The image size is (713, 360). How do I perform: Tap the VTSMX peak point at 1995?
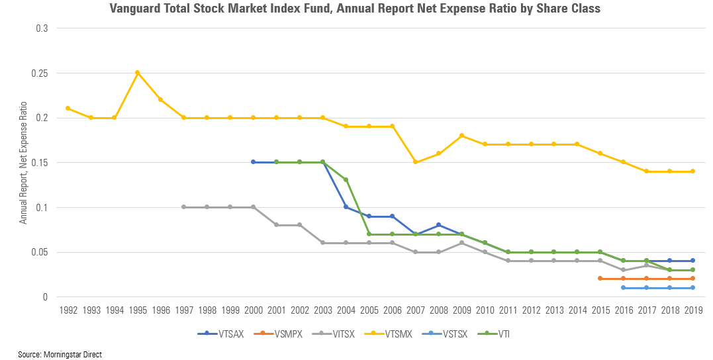coord(137,73)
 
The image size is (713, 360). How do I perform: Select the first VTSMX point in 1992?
coord(68,109)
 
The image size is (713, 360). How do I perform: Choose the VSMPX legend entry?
coord(281,334)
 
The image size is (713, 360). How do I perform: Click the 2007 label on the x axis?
coord(415,309)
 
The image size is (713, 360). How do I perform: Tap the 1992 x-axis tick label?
coord(68,309)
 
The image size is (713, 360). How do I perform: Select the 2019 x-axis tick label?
coord(692,309)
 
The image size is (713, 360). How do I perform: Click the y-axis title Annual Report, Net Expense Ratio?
coord(24,163)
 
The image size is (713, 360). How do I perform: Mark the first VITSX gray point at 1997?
coord(183,207)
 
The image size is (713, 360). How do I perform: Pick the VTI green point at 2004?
coord(346,180)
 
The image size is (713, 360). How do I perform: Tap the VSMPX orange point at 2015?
coord(600,279)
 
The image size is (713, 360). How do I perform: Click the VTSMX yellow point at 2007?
coord(415,162)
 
